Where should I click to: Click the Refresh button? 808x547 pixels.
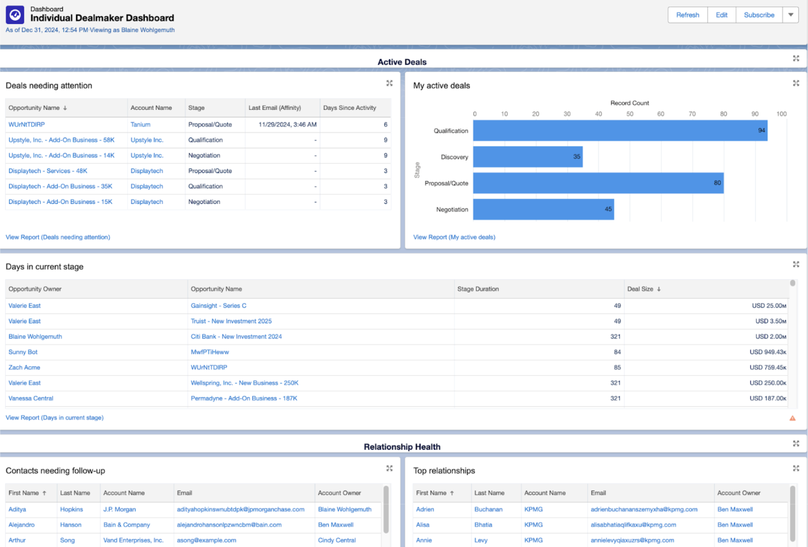687,15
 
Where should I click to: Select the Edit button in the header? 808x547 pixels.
721,15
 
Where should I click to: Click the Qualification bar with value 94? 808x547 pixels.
620,131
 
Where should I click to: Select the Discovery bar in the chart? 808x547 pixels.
527,157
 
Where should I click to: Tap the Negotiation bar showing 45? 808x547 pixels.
543,209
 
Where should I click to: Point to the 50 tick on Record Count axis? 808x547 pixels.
629,114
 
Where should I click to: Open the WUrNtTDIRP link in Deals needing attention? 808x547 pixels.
26,124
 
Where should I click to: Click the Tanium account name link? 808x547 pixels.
140,124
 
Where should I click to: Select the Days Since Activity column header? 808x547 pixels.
349,108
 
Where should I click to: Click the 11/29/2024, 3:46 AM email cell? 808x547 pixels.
287,124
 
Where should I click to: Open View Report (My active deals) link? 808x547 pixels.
454,237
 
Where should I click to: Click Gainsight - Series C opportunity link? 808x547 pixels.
218,305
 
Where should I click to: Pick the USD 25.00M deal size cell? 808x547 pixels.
769,305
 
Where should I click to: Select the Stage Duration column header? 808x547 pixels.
478,289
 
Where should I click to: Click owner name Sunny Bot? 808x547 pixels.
23,352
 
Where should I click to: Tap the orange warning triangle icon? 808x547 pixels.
792,418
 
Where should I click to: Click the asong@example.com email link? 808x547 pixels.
206,540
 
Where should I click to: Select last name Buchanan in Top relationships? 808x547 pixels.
488,509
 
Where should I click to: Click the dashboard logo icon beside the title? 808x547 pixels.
15,15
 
